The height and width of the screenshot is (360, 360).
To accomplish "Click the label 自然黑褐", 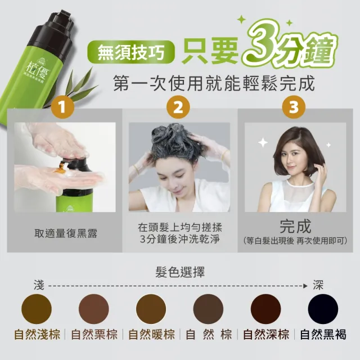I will click(323, 335).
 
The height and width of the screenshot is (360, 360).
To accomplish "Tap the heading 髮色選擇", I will click(180, 272).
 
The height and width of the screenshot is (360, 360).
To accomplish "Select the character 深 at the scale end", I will click(318, 285).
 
